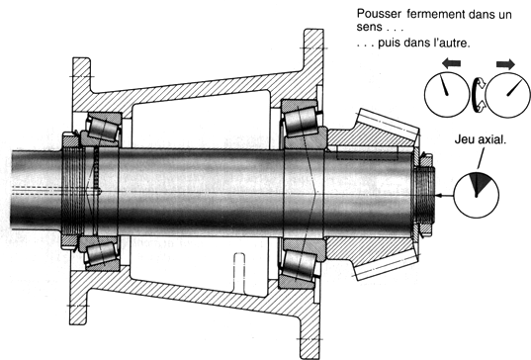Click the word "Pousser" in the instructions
coord(379,14)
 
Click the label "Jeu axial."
coord(480,139)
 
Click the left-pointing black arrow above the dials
coord(452,62)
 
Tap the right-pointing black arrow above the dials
coord(505,64)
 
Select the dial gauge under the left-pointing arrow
coord(447,95)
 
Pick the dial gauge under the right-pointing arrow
coord(508,95)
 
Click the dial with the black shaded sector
coord(476,195)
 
